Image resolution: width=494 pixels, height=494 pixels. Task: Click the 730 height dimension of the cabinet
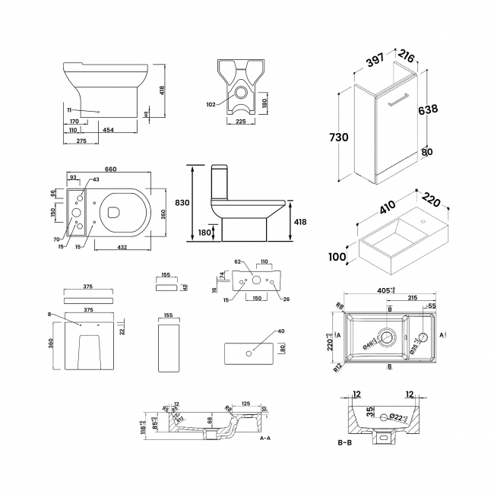tap(340, 137)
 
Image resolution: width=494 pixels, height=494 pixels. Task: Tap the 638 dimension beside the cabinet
tap(427, 109)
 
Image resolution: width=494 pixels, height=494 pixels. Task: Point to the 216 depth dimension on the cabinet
tap(407, 57)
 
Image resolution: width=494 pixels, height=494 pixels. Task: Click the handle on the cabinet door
tap(399, 97)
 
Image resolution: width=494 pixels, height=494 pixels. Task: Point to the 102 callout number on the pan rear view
tap(211, 104)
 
